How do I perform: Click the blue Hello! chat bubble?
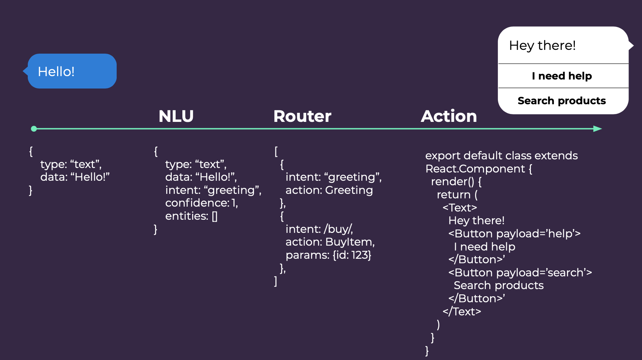coord(72,71)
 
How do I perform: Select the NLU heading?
coord(176,116)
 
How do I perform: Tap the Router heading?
coord(302,116)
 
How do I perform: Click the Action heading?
coord(449,116)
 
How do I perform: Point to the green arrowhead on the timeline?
coord(597,129)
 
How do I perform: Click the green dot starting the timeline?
coord(34,129)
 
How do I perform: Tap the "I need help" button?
coord(562,76)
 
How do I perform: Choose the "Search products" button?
coord(562,101)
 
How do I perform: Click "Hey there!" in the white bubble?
coord(542,45)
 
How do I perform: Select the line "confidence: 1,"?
coord(201,203)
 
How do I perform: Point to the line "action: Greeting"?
coord(329,190)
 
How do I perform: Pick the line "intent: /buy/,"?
coord(319,229)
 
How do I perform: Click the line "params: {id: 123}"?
coord(328,255)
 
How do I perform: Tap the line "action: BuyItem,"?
coord(330,242)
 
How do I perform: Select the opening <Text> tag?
coord(460,208)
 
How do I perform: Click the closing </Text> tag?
coord(462,311)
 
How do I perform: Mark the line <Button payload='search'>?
coord(520,272)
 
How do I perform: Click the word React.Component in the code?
coord(475,169)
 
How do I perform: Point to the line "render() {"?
coord(456,181)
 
